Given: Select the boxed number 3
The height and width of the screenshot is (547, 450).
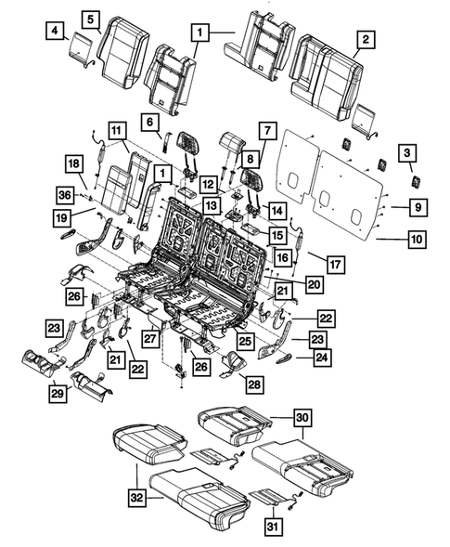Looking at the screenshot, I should (405, 153).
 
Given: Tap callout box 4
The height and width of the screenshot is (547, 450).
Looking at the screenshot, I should (58, 35).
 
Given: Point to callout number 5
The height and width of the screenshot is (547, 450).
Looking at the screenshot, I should (91, 19).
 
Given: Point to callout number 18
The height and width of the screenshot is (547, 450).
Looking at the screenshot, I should (73, 163).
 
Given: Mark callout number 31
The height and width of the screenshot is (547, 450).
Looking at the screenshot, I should (271, 526).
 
